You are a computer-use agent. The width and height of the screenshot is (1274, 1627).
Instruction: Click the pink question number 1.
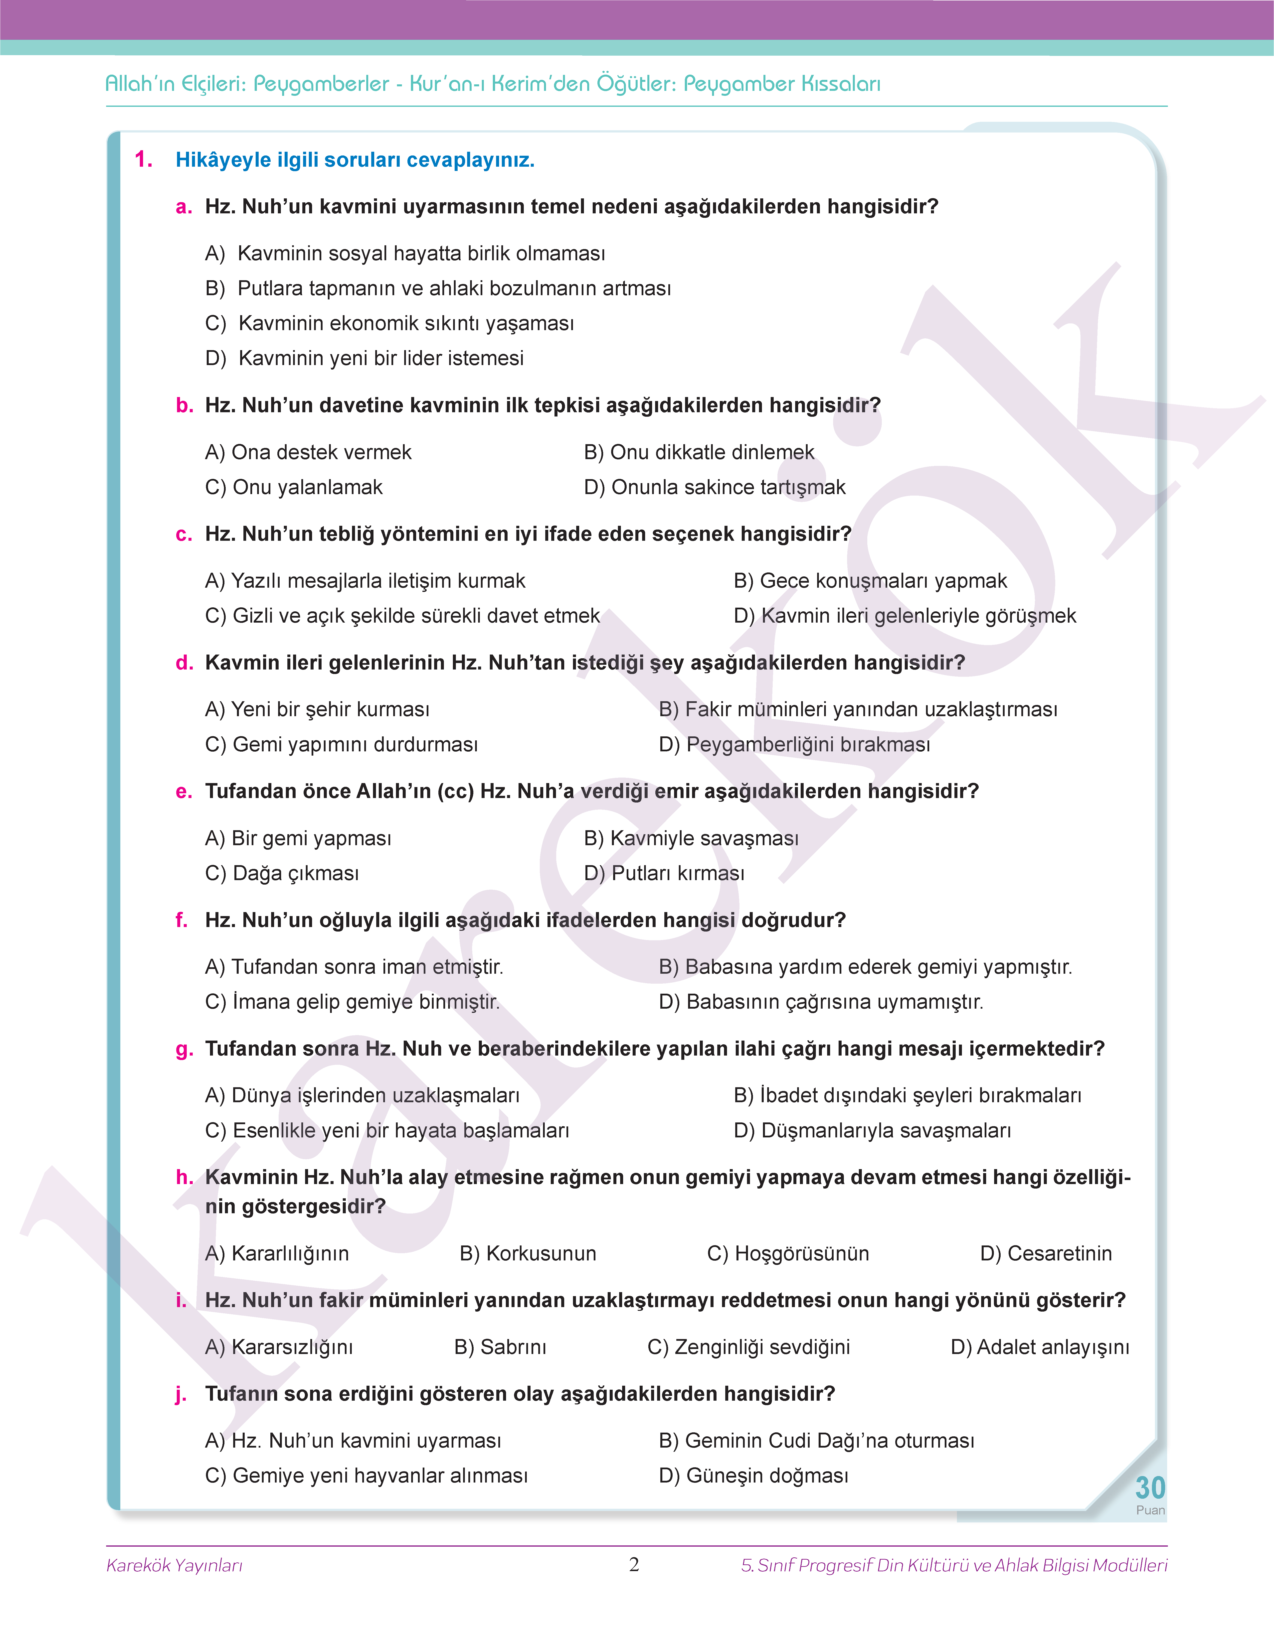tap(143, 159)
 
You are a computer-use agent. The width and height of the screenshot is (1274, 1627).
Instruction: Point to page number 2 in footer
tap(634, 1564)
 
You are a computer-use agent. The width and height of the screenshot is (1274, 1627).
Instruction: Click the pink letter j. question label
tap(181, 1394)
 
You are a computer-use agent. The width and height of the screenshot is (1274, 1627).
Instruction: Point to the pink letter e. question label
tap(183, 792)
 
